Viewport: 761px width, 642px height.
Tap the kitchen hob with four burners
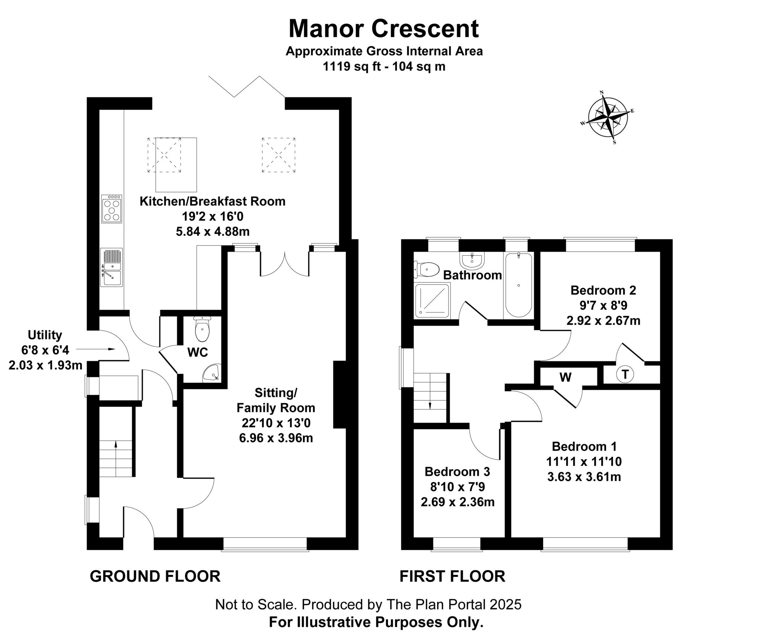(111, 209)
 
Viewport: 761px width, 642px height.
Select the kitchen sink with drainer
(111, 267)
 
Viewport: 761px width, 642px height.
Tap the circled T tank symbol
(625, 374)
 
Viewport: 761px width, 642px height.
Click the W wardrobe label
(566, 377)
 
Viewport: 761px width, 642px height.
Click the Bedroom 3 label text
(457, 472)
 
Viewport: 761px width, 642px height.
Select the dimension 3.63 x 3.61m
(584, 477)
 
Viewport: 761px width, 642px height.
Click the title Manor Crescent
(383, 29)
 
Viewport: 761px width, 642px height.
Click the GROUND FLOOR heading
(155, 576)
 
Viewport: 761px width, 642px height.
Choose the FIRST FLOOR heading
(452, 576)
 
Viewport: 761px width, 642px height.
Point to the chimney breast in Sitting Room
(340, 395)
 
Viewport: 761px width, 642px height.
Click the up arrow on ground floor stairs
(116, 444)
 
